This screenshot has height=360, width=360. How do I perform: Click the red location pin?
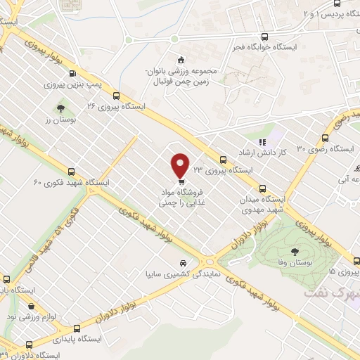tap(181, 165)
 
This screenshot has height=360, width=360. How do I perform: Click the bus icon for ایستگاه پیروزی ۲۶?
tap(116, 98)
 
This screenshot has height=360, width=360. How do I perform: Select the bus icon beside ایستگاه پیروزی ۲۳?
tap(223, 160)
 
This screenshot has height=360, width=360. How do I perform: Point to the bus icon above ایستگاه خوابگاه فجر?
tap(264, 37)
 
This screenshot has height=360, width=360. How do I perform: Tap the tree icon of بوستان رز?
tap(60, 109)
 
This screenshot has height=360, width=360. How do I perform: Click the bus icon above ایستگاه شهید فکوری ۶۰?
tap(70, 172)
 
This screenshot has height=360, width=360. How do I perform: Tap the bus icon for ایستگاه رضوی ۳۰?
tap(326, 139)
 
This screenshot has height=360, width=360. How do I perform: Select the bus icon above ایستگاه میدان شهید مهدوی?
tap(264, 188)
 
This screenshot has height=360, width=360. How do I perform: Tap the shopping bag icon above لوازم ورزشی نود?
tap(31, 307)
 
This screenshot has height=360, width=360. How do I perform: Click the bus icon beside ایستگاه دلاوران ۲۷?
tap(29, 345)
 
